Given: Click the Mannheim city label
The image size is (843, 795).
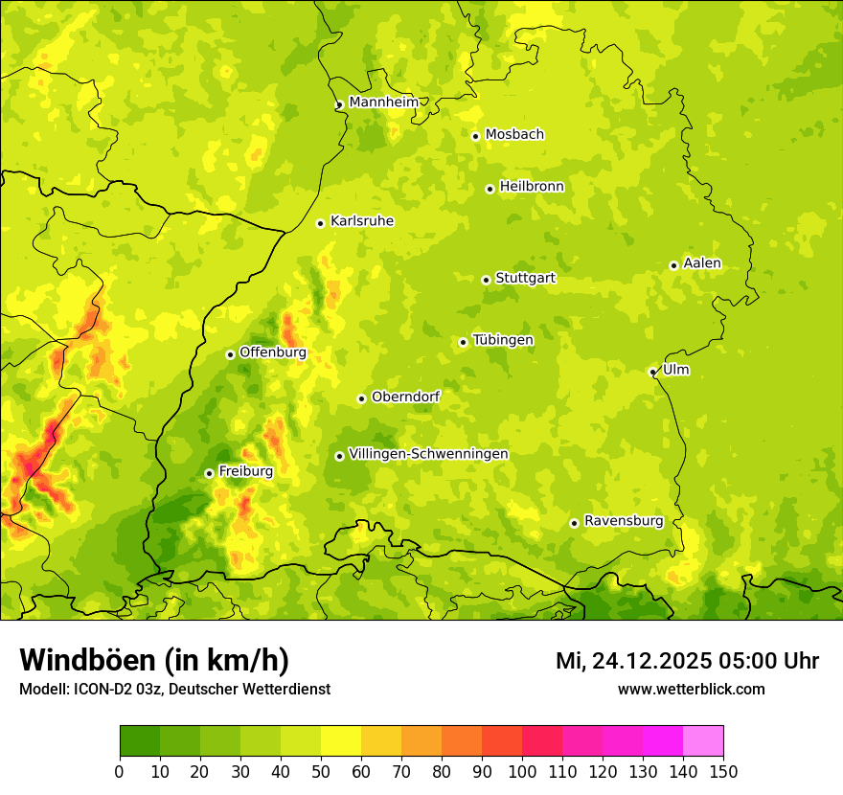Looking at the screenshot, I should [383, 102].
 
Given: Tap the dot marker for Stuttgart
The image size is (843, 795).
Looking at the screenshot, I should [486, 280].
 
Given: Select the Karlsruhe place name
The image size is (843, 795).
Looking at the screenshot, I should [361, 220].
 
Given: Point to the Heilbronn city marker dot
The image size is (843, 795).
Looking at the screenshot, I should [490, 189].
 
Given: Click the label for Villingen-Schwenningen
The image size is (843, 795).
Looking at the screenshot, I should [428, 453].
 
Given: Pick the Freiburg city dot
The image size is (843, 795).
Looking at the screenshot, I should [209, 473].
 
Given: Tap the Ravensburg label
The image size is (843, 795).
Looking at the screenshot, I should [623, 520].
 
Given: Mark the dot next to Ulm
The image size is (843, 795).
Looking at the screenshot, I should [652, 372].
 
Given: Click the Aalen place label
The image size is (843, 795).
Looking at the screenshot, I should [701, 262].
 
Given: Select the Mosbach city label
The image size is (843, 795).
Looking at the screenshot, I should [513, 134].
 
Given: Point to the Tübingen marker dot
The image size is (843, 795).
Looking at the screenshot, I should [463, 342].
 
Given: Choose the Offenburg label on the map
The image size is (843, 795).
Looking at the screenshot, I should [272, 352].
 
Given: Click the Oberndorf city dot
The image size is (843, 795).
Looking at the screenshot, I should [361, 398].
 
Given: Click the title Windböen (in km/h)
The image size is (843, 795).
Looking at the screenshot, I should [153, 660].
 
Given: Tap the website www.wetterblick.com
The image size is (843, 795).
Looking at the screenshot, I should [691, 689].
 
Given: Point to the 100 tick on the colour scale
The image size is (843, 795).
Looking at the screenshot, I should [522, 771].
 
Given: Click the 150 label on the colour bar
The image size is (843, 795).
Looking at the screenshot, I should [723, 771].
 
